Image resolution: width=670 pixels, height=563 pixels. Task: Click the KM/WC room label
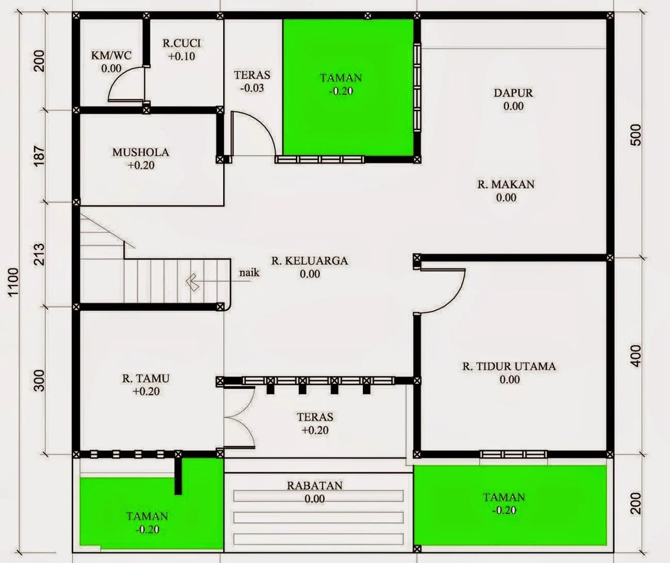tap(111, 55)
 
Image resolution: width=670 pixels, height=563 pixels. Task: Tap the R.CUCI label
tap(181, 43)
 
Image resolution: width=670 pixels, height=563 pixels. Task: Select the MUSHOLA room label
tap(140, 152)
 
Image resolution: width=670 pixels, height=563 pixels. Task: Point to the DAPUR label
tap(513, 93)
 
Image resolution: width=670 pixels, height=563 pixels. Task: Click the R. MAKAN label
tap(506, 184)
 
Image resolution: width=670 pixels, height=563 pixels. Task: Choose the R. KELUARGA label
tap(309, 261)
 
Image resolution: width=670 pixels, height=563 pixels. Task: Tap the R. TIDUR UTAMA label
tap(509, 367)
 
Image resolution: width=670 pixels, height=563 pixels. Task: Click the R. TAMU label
tap(146, 378)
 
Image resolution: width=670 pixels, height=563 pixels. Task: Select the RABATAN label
tap(314, 485)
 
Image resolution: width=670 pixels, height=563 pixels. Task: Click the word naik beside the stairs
tap(250, 273)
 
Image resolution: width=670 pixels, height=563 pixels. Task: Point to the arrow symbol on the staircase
tap(193, 282)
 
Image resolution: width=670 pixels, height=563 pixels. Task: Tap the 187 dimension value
tap(39, 157)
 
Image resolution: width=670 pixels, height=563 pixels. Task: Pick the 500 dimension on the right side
tap(635, 134)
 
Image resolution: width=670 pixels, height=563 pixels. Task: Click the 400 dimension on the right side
tap(635, 355)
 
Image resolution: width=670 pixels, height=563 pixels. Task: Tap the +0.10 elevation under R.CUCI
tap(181, 56)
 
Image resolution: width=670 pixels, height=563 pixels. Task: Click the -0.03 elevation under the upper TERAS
tap(252, 88)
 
